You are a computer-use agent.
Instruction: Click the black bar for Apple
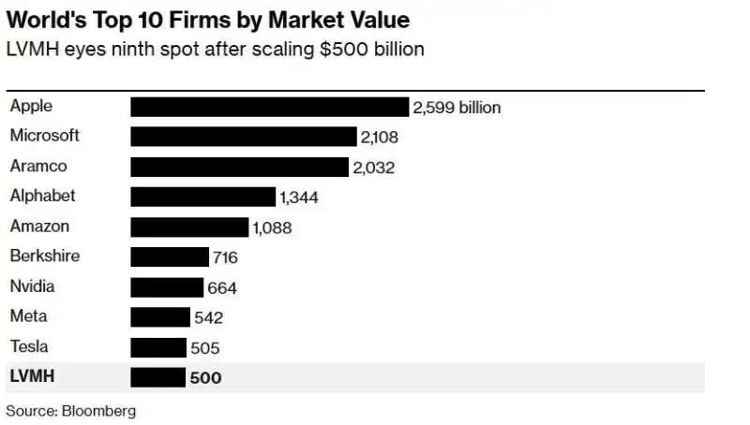(x=269, y=107)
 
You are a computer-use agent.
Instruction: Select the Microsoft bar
(x=244, y=137)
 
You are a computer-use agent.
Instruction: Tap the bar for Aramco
(x=239, y=168)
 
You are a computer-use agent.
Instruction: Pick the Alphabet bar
(x=202, y=197)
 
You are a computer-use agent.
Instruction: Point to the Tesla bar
(x=158, y=348)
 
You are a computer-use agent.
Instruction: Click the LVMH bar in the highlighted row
(x=157, y=378)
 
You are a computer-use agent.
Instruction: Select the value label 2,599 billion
(x=457, y=108)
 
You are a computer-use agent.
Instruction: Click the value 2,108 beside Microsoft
(x=380, y=138)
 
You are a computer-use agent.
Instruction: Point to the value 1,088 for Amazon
(x=272, y=227)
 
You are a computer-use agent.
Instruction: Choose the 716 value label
(x=225, y=257)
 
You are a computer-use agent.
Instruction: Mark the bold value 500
(x=206, y=378)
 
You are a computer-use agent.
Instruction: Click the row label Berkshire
(x=44, y=256)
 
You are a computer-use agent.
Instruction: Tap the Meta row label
(x=28, y=316)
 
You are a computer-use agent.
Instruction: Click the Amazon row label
(x=39, y=227)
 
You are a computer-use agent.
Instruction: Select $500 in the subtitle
(x=328, y=49)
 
